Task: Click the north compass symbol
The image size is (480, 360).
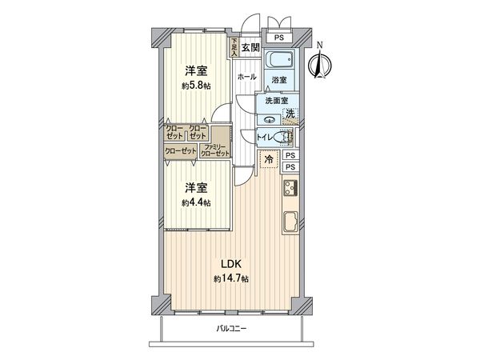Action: [319, 62]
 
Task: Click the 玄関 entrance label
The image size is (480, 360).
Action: [250, 47]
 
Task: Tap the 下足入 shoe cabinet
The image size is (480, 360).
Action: [234, 47]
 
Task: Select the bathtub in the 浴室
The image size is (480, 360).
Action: [279, 61]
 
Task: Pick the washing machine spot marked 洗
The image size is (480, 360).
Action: [290, 114]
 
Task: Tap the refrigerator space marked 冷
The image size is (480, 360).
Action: [268, 159]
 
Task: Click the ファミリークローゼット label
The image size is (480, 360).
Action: [216, 150]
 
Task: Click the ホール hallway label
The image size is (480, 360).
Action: [246, 77]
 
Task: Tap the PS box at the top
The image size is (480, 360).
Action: [278, 37]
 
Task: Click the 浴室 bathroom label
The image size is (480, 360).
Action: [278, 80]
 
